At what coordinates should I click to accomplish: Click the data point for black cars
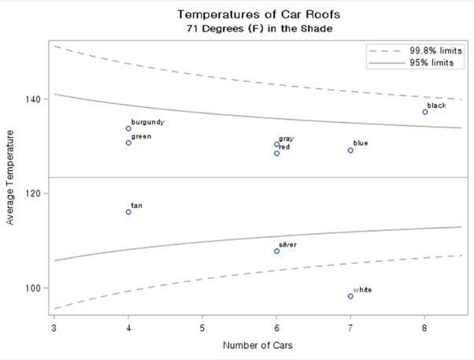click(x=425, y=112)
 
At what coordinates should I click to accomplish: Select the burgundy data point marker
click(x=128, y=128)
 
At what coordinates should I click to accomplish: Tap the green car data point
click(x=128, y=143)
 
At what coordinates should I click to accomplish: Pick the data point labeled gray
click(x=276, y=144)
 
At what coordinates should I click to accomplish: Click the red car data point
click(x=276, y=153)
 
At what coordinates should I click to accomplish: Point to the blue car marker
click(x=350, y=150)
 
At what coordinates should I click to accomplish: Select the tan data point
click(x=128, y=212)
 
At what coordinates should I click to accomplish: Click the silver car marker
click(x=276, y=251)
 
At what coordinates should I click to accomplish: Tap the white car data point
click(x=350, y=296)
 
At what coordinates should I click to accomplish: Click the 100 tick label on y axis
click(x=35, y=288)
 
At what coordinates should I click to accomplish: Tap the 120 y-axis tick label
click(x=35, y=194)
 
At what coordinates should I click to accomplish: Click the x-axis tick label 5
click(x=202, y=326)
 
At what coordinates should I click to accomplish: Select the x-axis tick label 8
click(x=424, y=326)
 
